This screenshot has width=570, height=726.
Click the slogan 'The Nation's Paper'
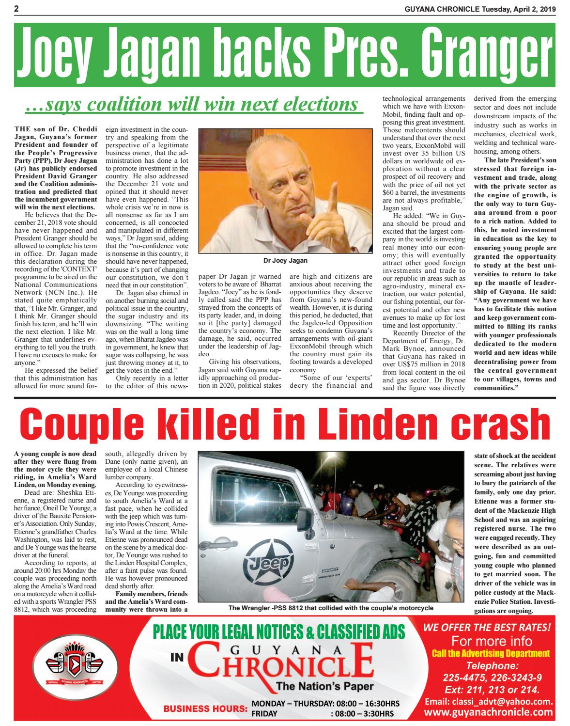(324, 686)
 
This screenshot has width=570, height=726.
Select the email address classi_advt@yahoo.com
(488, 701)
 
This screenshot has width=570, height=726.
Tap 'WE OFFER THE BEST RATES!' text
(487, 628)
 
